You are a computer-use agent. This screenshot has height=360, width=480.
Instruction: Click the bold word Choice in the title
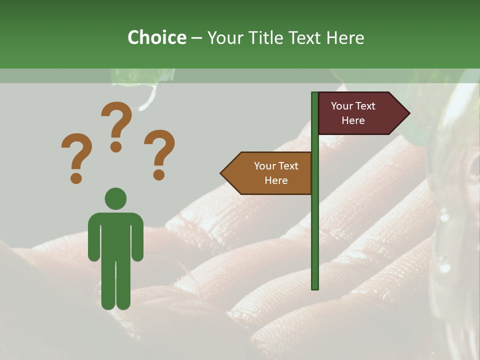click(156, 37)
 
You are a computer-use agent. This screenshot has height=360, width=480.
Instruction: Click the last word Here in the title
click(345, 37)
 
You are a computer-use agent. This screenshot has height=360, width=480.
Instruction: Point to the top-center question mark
click(116, 125)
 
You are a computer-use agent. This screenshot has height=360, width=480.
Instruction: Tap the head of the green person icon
click(115, 198)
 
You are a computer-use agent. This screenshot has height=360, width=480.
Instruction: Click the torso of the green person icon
click(115, 235)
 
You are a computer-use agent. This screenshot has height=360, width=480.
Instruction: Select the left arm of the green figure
click(93, 237)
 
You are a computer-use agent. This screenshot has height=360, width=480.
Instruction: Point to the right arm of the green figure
click(137, 237)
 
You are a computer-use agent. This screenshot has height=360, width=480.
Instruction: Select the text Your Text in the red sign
click(353, 106)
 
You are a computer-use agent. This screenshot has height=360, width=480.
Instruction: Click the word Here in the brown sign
click(276, 180)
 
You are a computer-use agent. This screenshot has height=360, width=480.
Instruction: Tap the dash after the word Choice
click(196, 38)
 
